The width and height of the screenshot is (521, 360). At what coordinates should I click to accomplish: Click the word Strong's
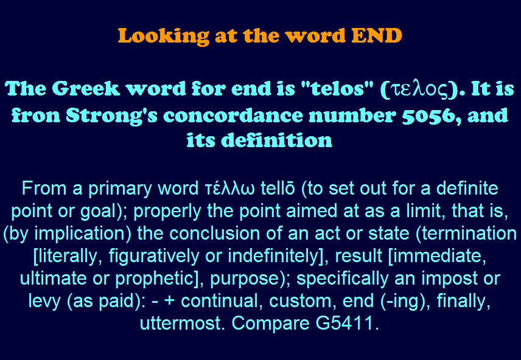point(111,116)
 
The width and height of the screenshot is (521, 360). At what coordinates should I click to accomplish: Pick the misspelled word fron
point(35,116)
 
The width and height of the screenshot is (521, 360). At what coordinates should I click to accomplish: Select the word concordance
point(233,116)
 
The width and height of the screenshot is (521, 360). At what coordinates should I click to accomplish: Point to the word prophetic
point(155,279)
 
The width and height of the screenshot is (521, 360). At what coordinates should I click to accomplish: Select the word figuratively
point(154,256)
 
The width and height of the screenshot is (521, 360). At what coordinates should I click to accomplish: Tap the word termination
point(469,233)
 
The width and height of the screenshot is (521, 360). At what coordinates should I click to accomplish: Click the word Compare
point(270,324)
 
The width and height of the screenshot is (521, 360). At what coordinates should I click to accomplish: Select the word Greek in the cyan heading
point(86,89)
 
